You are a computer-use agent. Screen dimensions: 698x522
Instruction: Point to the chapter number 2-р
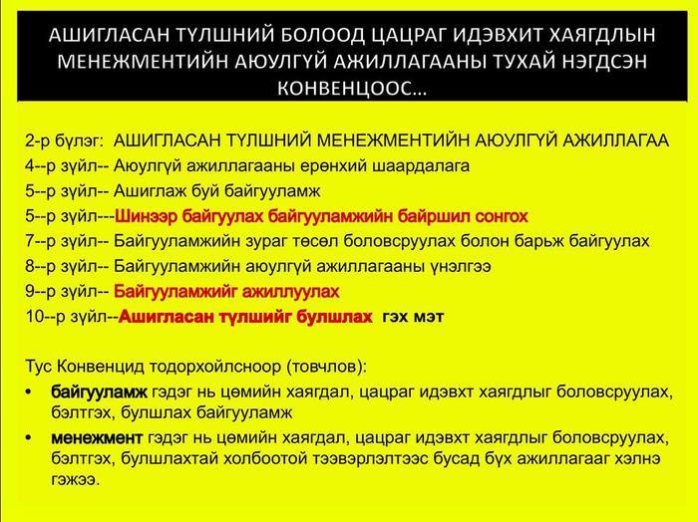38,140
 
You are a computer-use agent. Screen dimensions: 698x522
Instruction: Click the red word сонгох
502,216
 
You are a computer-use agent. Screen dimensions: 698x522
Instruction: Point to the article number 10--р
46,317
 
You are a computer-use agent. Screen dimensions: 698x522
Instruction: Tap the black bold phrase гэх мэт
413,317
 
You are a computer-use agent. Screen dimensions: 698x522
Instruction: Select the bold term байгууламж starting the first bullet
99,392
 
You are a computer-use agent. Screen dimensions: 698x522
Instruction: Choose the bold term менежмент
97,438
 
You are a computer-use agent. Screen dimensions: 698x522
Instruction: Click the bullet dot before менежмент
29,438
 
